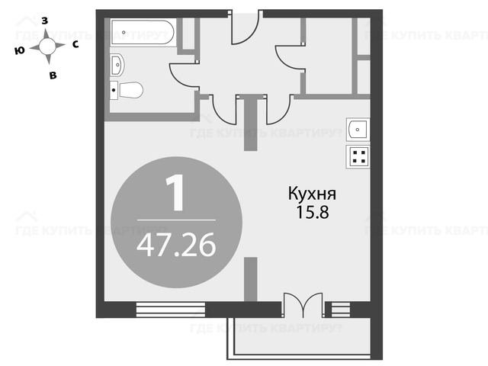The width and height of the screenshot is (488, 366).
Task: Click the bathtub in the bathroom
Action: pos(143,32)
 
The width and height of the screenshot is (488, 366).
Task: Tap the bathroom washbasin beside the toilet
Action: pos(117,65)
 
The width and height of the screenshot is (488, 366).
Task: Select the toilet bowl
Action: pos(127,90)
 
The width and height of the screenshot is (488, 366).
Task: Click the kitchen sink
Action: pos(358,129)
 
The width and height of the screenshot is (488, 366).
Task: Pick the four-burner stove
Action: pos(358,156)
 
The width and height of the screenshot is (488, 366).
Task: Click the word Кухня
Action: pos(312,194)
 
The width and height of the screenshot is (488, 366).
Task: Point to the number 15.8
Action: pos(312,212)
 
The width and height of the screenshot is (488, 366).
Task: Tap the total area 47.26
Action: pos(176,245)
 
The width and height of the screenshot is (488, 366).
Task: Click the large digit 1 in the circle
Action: pos(175,193)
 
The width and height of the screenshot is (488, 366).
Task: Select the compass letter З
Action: pos(45,21)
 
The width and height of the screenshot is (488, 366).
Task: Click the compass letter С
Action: pos(75,45)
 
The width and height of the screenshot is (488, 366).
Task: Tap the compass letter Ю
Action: pos(20,50)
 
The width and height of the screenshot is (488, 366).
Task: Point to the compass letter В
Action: pos(53,75)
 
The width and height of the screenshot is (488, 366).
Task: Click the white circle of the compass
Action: pos(47,47)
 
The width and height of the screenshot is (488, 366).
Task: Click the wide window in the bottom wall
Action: pos(171,310)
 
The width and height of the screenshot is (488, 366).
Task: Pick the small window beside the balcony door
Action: pos(341,310)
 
